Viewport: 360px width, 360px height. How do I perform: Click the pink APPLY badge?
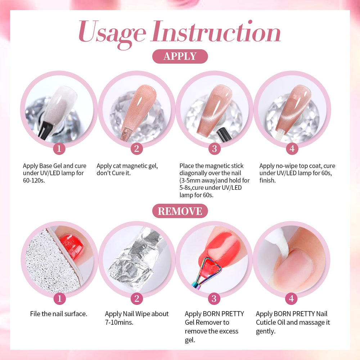tap(180, 56)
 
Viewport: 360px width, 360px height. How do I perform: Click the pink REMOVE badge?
tap(180, 211)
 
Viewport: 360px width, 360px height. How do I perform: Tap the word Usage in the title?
tap(112, 33)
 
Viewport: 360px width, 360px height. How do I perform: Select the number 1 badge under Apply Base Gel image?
tap(59, 149)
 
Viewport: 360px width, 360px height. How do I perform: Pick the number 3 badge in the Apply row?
tap(215, 149)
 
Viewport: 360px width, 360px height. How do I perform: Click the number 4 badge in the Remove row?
tap(291, 299)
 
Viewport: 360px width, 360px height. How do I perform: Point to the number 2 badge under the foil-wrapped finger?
tap(137, 299)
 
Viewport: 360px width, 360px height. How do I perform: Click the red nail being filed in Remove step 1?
tap(72, 246)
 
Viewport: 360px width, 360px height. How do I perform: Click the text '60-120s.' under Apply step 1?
tap(34, 180)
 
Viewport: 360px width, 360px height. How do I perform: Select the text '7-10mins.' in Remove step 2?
tap(119, 322)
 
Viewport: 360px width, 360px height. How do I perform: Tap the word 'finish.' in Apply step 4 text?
tap(267, 180)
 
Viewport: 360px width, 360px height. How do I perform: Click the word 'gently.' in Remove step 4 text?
tap(266, 331)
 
